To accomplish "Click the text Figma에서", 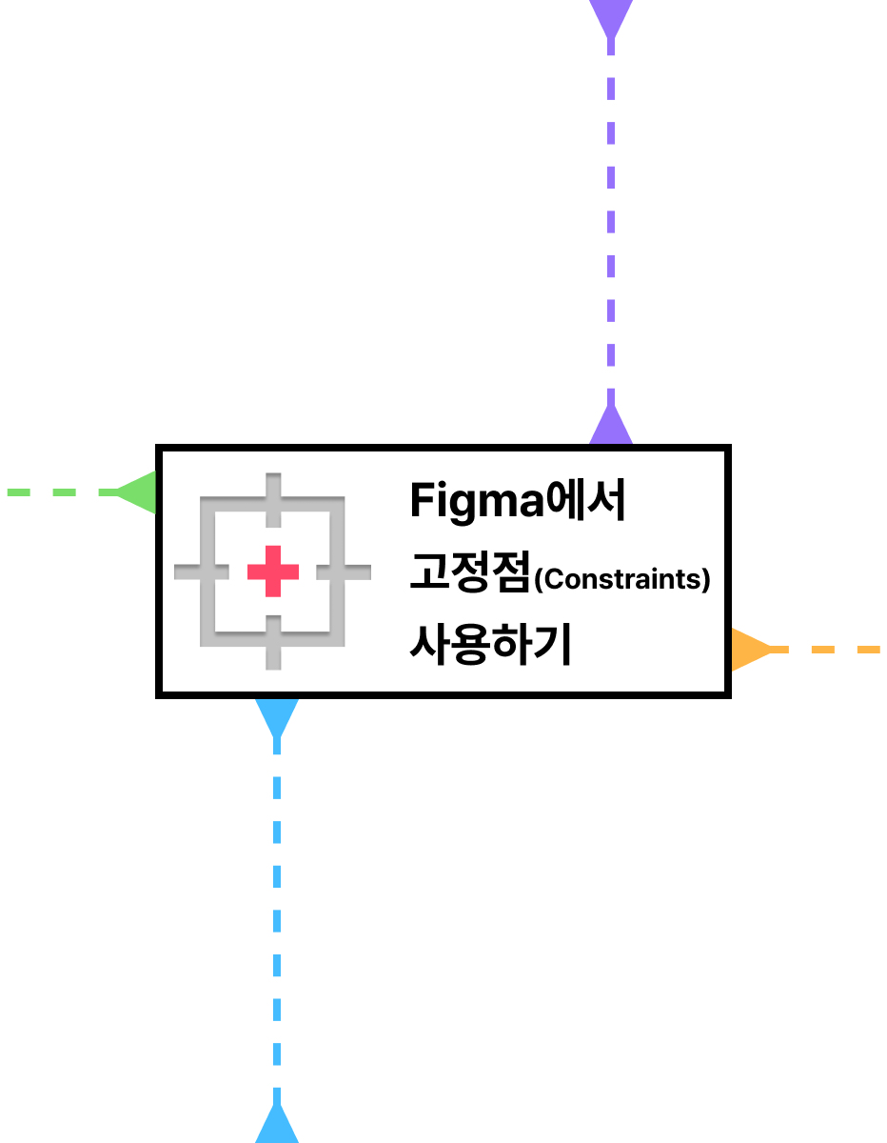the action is click(517, 501).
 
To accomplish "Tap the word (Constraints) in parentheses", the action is click(622, 579).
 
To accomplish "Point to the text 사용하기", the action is click(489, 645).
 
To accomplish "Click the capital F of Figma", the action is click(422, 501).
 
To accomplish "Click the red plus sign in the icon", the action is click(273, 571).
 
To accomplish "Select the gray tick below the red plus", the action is click(273, 642).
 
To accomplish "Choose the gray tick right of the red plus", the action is click(344, 571).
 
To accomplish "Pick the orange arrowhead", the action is click(749, 650).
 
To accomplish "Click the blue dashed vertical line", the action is click(277, 914).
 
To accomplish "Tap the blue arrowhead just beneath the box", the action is click(277, 716).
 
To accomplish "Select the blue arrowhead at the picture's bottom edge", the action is click(277, 1126).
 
